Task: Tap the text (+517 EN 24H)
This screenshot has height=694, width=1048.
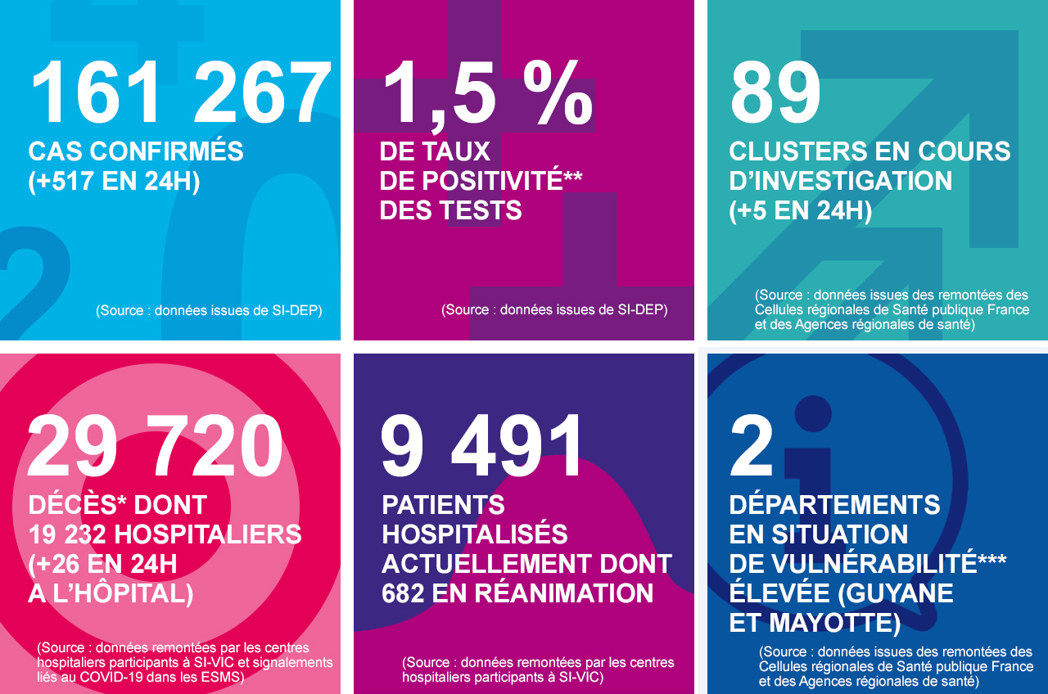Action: (114, 181)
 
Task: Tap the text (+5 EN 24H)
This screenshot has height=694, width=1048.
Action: (800, 210)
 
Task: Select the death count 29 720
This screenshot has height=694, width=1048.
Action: (156, 447)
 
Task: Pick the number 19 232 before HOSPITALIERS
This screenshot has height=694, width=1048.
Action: (68, 534)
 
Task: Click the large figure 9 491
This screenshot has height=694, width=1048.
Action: (483, 447)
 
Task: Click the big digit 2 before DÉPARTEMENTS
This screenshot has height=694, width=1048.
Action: (752, 447)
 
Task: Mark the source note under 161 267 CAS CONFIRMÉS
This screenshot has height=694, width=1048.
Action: (209, 311)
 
